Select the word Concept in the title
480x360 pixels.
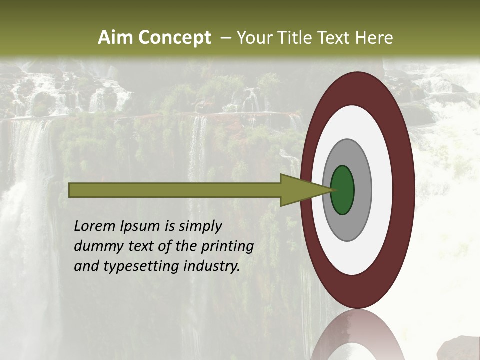(x=175, y=38)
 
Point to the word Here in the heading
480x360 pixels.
(x=375, y=38)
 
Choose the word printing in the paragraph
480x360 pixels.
(x=227, y=246)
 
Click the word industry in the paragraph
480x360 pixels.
(x=212, y=266)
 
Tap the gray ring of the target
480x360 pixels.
(x=362, y=190)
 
